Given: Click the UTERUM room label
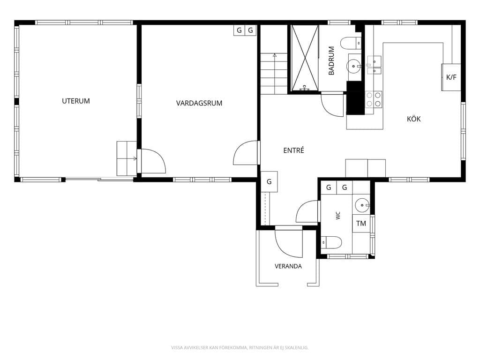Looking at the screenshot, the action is [x=76, y=101].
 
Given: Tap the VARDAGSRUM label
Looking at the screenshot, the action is [x=199, y=103].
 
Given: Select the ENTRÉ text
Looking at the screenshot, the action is [x=293, y=150].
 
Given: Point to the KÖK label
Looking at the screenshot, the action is [x=413, y=119].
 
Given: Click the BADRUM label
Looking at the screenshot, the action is [x=331, y=60].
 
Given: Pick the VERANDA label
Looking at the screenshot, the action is [x=288, y=266].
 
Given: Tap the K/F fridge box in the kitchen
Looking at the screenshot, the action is [x=451, y=77].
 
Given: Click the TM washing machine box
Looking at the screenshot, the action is [x=361, y=224].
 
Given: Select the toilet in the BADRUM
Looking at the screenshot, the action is [x=351, y=43].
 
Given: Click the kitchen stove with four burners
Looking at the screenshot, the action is [x=374, y=100].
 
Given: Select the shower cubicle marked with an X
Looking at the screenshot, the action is [x=305, y=58].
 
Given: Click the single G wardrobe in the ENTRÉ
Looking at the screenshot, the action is [x=269, y=182].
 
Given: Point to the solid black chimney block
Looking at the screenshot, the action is [x=355, y=98].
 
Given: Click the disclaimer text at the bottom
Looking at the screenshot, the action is [x=240, y=347].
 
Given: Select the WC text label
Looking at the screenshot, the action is [x=338, y=216].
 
